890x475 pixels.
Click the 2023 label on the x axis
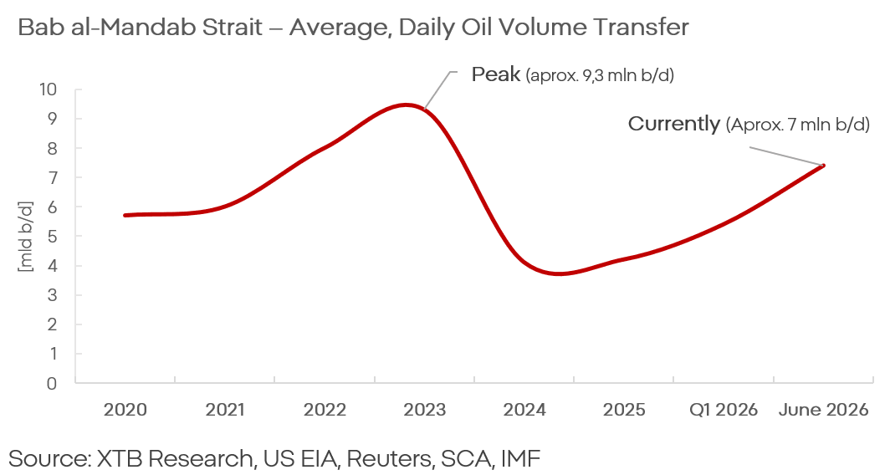pos(425,410)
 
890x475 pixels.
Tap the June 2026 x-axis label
pos(823,410)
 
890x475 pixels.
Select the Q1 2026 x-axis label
pos(724,410)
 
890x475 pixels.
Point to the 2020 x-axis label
pos(125,410)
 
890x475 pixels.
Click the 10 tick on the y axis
pos(48,89)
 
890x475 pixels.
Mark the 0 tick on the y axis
pos(52,383)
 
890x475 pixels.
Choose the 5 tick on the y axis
pos(52,236)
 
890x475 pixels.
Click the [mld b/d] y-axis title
pos(26,236)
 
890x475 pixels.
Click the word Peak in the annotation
pos(496,74)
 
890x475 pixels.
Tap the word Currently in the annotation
pos(673,124)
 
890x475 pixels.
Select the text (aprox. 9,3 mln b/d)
pos(600,75)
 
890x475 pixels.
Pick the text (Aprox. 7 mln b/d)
pos(797,125)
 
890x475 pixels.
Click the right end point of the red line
pos(823,165)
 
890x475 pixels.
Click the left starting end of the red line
pos(125,215)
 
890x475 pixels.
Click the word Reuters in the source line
pos(386,458)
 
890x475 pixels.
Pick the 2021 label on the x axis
pos(225,410)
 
